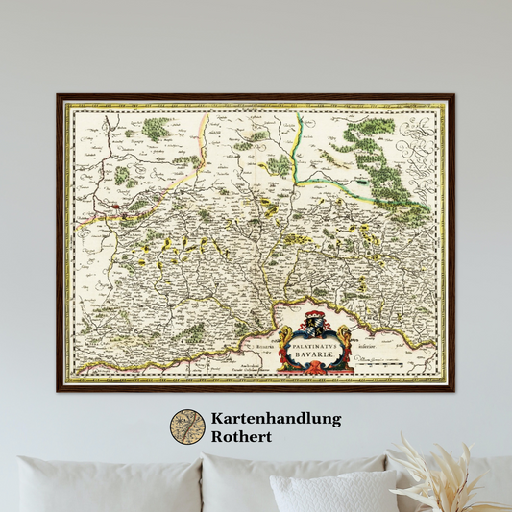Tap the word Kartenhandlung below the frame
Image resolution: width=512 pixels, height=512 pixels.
[276, 419]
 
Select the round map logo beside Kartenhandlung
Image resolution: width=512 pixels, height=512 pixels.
[187, 427]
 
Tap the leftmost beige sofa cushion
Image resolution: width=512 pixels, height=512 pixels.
[96, 484]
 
